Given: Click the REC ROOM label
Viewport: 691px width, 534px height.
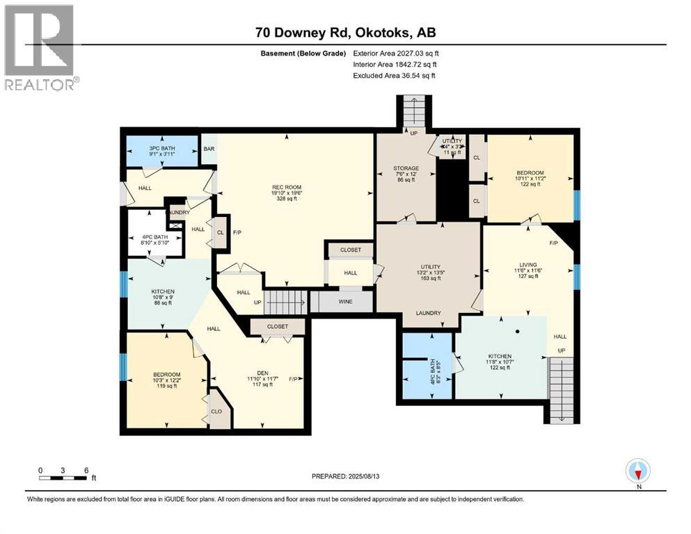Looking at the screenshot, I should (286, 186).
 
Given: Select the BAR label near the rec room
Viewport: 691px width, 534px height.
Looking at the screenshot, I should (208, 149).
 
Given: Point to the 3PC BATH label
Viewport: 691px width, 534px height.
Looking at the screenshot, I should (161, 148).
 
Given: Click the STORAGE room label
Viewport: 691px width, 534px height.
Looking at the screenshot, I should (406, 168).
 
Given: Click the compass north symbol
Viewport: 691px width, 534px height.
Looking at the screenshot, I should (638, 472).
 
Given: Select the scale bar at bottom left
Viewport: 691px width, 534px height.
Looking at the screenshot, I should (63, 477).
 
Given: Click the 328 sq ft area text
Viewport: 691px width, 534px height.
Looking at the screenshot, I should (286, 198).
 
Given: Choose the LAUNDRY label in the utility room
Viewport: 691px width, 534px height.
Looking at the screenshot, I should (429, 313).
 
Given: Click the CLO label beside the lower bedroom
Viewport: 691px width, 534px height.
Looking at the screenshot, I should (216, 412).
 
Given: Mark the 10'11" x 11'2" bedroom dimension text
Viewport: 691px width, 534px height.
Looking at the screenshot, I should (530, 178).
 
